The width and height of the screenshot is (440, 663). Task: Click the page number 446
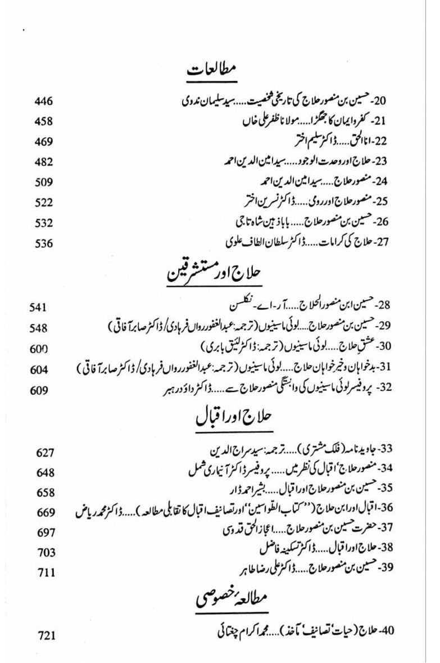point(43,102)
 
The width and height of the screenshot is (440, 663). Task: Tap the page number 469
point(43,142)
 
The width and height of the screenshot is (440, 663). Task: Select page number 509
point(43,182)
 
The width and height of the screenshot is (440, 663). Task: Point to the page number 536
point(43,243)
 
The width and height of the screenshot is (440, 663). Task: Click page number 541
point(38,308)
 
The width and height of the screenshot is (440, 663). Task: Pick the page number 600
point(38,349)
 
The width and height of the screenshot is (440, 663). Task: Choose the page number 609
point(38,390)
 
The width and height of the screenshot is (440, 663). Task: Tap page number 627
point(45,453)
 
